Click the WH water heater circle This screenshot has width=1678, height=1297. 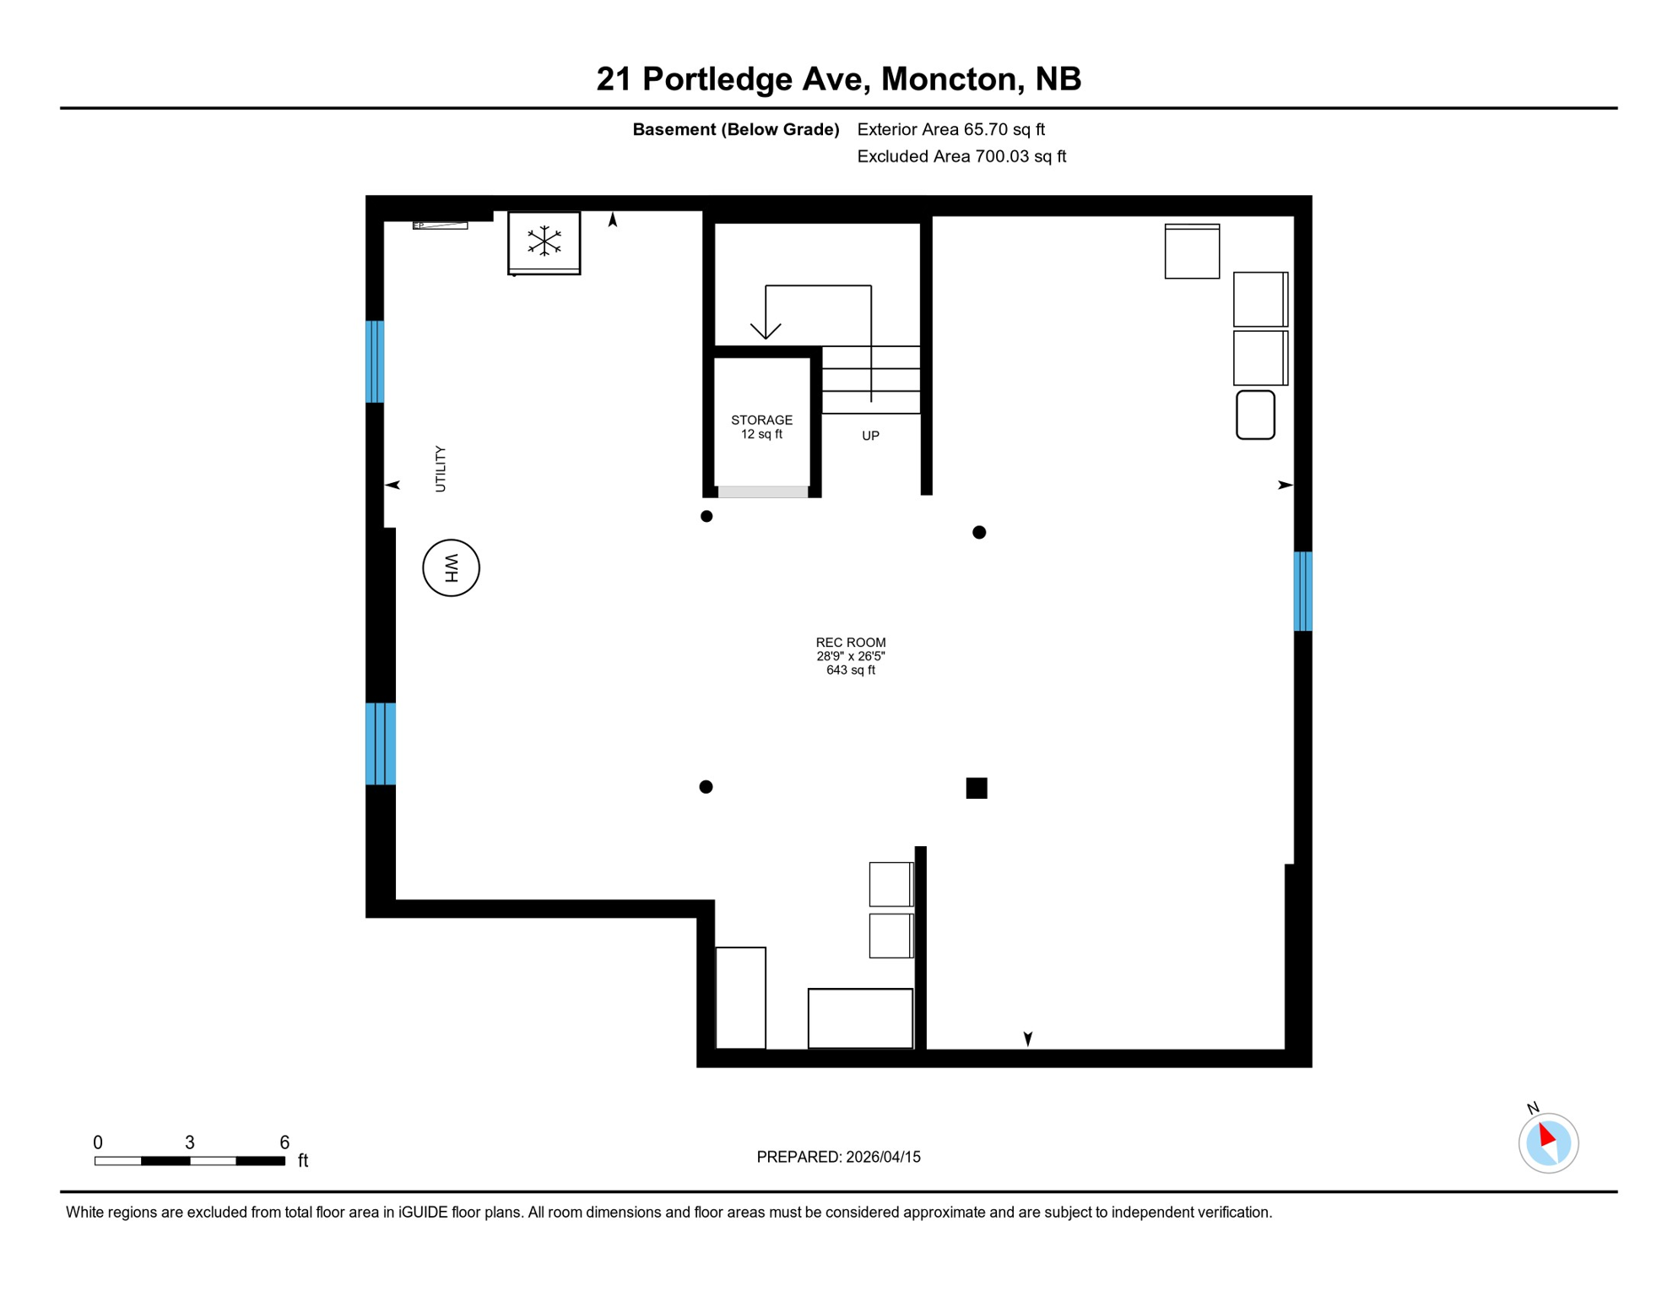[x=451, y=567]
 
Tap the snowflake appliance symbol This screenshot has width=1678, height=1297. [x=544, y=241]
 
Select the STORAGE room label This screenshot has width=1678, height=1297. [x=761, y=420]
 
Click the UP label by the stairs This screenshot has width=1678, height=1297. [x=870, y=436]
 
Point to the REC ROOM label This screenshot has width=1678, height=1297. [x=850, y=643]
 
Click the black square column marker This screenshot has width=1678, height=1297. [x=977, y=788]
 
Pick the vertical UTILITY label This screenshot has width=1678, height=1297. [x=440, y=469]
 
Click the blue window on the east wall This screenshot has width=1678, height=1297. [x=1302, y=591]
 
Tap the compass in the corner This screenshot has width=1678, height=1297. [x=1548, y=1142]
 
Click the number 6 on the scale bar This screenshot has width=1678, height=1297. [x=284, y=1142]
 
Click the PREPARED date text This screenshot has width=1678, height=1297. [x=838, y=1157]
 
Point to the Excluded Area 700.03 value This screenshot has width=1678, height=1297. [x=961, y=156]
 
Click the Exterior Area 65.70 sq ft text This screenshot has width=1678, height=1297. [x=950, y=129]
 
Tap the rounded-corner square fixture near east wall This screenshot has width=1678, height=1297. [x=1255, y=415]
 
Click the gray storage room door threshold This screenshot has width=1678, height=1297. [x=763, y=491]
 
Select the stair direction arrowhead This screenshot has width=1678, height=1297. [x=766, y=331]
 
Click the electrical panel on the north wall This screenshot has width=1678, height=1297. [x=440, y=225]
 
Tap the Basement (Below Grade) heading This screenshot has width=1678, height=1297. [x=735, y=129]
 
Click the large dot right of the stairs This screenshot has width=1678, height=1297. [x=979, y=532]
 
